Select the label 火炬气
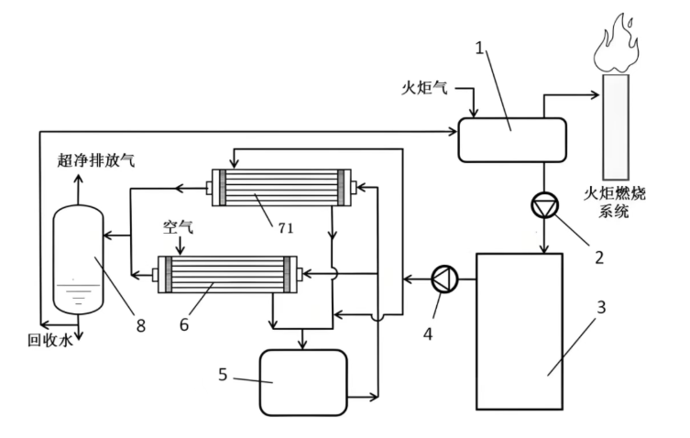(x=425, y=89)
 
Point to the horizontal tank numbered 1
(x=510, y=139)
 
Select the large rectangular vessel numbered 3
(x=519, y=331)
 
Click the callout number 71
(x=285, y=228)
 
